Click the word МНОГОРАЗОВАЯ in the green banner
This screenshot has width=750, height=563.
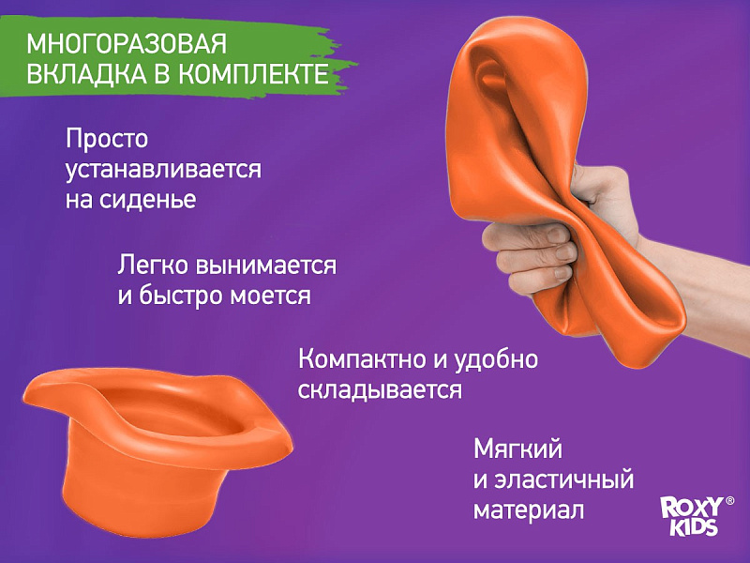tap(127, 44)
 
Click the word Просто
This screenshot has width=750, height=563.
tap(107, 139)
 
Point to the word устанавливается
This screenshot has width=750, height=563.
tap(163, 170)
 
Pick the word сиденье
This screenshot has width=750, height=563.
tap(148, 200)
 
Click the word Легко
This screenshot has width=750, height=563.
tap(153, 266)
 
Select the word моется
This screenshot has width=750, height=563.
tap(270, 296)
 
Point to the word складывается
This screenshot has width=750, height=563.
tap(380, 390)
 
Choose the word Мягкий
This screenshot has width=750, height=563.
tap(517, 449)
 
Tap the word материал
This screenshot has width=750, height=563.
tap(529, 510)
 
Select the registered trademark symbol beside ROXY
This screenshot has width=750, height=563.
tap(730, 501)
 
